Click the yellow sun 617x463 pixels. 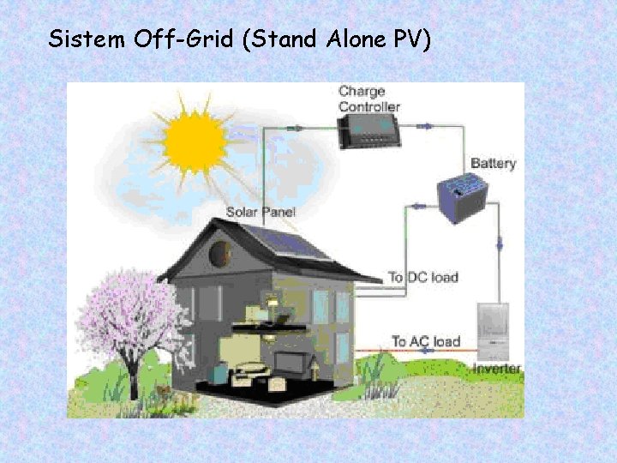[x=195, y=141]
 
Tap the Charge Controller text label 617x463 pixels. [x=368, y=99]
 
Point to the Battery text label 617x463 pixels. [x=493, y=163]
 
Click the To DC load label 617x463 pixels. [x=423, y=277]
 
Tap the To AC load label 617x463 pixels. [x=426, y=341]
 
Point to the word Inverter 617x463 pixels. [x=496, y=369]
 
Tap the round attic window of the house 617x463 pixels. [x=220, y=253]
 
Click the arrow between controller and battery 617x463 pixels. [x=425, y=126]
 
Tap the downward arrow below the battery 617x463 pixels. [x=500, y=245]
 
